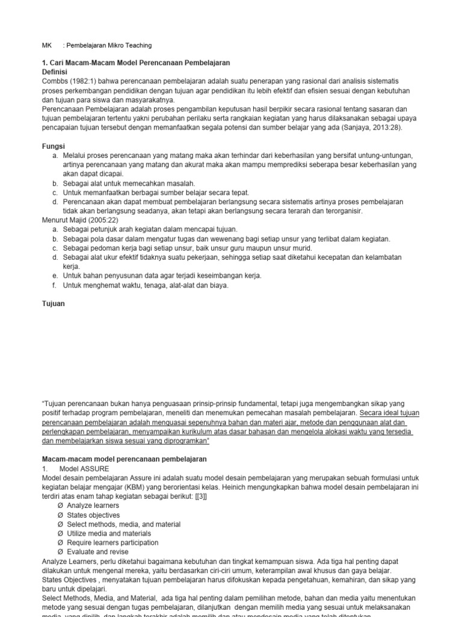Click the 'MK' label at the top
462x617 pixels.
(46, 45)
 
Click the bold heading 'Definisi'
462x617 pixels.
(55, 72)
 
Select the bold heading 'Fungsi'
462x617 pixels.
(52, 146)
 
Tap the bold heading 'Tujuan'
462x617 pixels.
(53, 304)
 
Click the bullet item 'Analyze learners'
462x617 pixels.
(93, 506)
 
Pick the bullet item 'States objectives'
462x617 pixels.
(93, 515)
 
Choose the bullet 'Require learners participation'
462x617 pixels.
(112, 542)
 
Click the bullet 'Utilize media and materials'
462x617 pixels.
(109, 533)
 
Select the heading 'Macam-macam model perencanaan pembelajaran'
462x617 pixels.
(123, 459)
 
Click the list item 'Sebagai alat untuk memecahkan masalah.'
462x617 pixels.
(129, 183)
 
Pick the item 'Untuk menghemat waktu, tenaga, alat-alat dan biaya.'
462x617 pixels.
(146, 285)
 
